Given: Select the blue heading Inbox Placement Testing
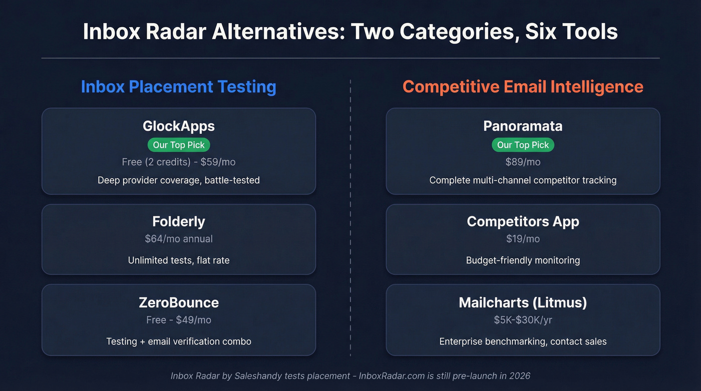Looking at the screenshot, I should point(178,87).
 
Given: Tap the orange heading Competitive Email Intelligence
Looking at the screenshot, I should point(523,87).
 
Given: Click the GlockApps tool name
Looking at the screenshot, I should point(179,126).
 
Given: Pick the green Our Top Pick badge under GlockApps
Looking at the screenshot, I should point(179,145).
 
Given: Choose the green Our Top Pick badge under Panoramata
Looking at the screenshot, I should point(523,145).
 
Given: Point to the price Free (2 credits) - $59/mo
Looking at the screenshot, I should point(179,162).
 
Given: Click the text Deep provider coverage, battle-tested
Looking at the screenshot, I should point(179,180).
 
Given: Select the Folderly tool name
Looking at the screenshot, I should point(179,221).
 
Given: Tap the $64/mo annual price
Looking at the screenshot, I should point(179,239).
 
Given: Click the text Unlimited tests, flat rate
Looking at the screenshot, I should point(179,260).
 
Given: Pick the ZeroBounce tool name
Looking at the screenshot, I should point(179,302).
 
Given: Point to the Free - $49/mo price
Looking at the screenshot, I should point(179,320).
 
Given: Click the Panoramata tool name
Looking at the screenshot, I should point(523,126).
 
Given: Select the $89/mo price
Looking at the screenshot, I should point(523,162).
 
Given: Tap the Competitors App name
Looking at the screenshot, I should point(523,221).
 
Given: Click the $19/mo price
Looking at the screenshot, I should point(523,239).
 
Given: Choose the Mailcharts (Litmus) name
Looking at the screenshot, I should point(523,302).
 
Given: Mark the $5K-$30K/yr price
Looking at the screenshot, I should point(523,320).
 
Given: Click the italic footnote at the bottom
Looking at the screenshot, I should point(350,375).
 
